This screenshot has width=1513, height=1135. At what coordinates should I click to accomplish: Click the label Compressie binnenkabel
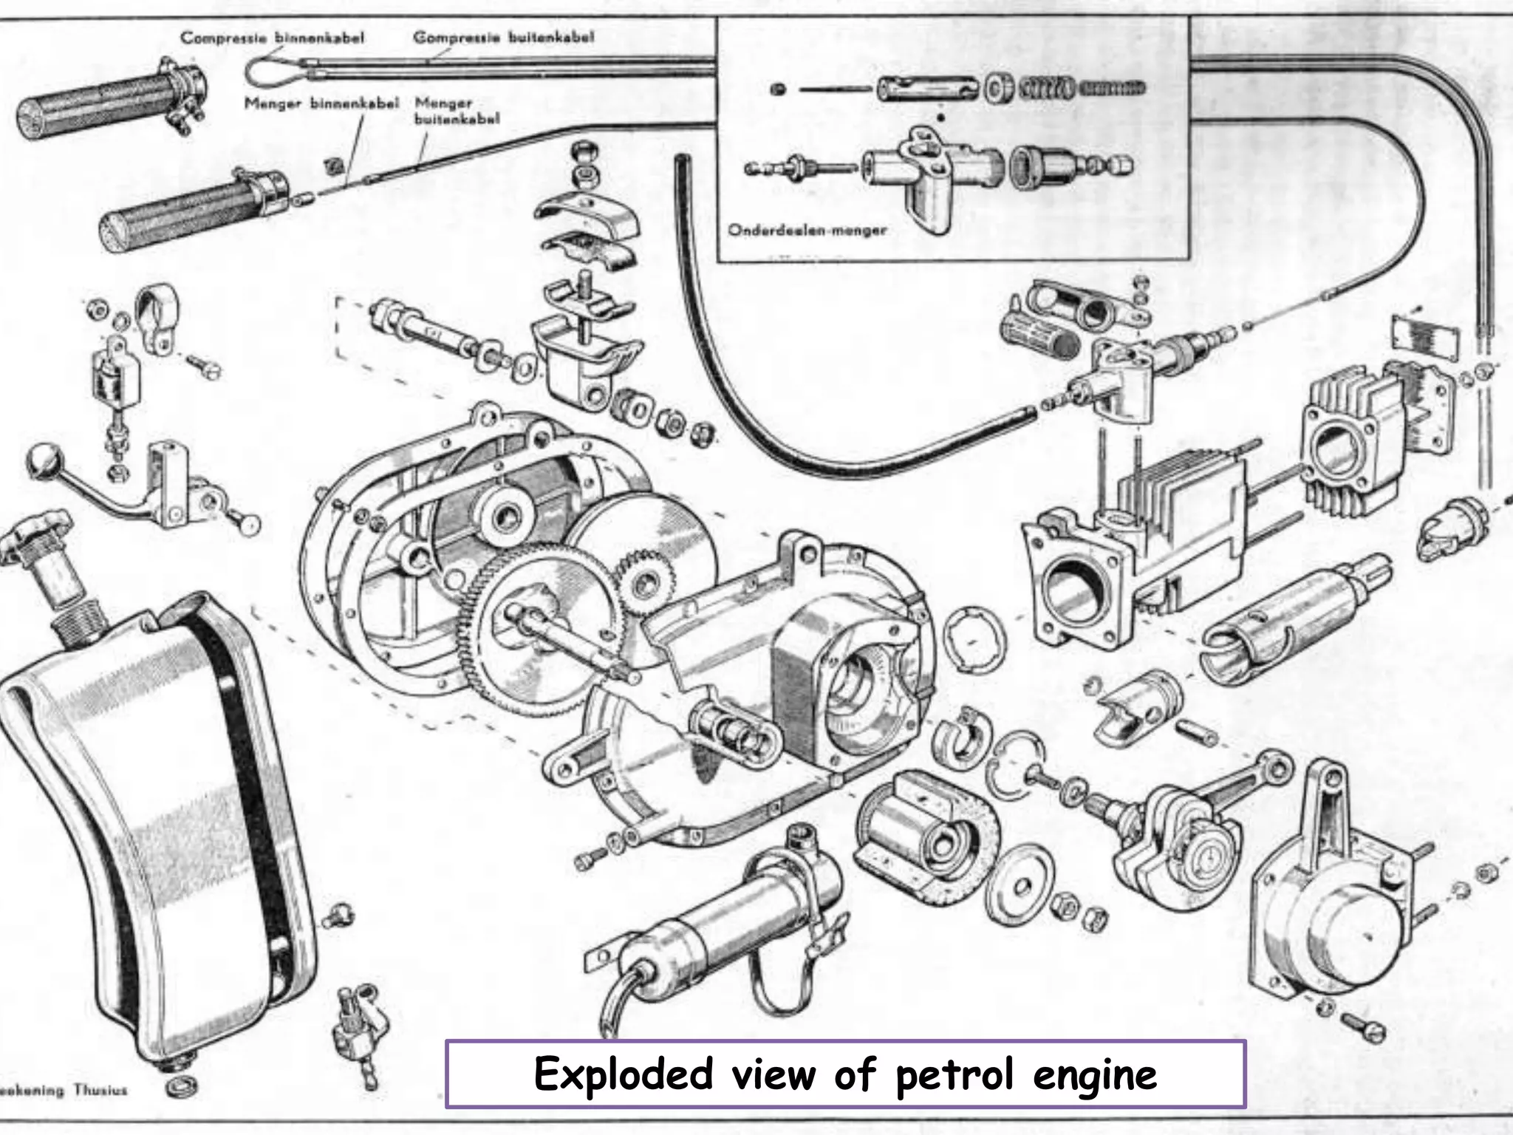pyautogui.click(x=272, y=38)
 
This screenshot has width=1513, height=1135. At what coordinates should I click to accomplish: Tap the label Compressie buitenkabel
pyautogui.click(x=503, y=37)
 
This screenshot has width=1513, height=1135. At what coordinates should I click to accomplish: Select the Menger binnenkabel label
pyautogui.click(x=321, y=103)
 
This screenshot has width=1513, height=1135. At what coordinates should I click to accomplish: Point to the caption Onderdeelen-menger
pyautogui.click(x=807, y=230)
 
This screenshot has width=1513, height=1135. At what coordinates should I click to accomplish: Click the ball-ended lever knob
pyautogui.click(x=38, y=459)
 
